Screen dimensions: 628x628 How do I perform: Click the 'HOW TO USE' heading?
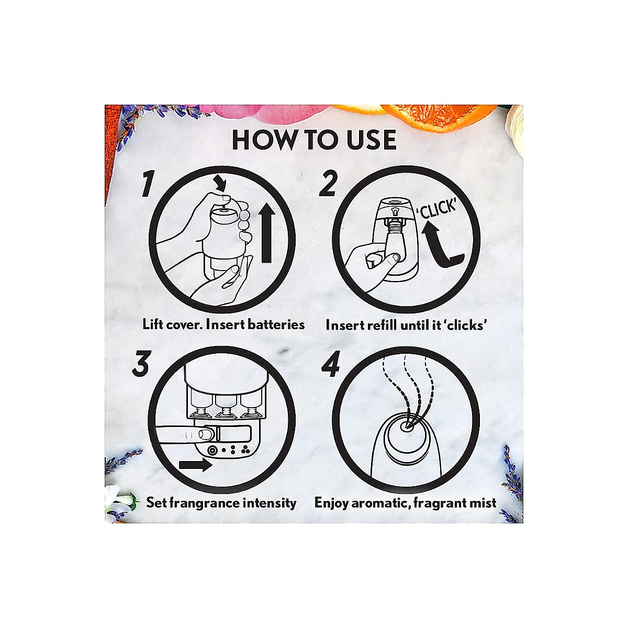pyautogui.click(x=314, y=140)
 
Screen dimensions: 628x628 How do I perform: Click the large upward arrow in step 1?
pyautogui.click(x=266, y=233)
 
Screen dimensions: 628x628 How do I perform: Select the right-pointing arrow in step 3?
pyautogui.click(x=196, y=466)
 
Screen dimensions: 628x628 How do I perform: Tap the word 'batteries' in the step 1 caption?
pyautogui.click(x=276, y=324)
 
